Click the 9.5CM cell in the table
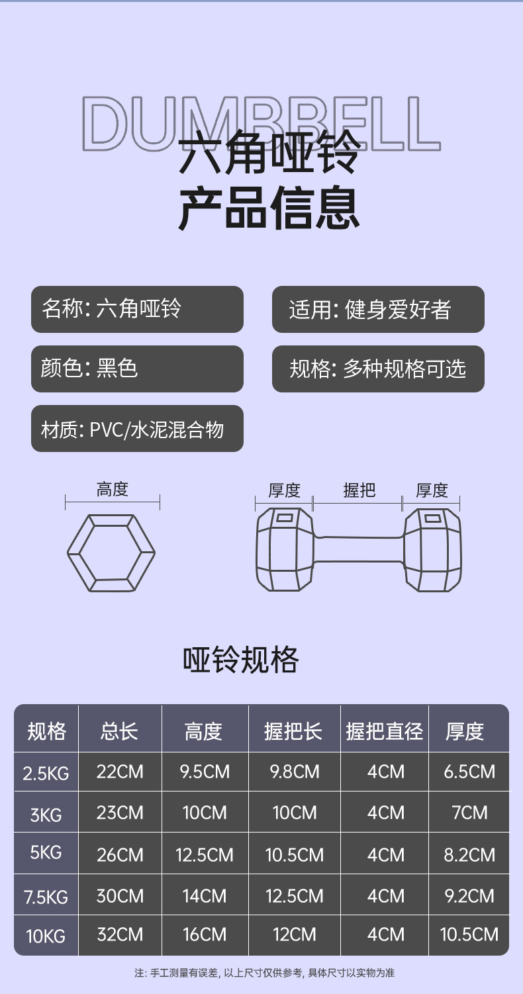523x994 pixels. point(205,772)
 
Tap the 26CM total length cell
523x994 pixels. point(120,854)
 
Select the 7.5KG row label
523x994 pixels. point(46,897)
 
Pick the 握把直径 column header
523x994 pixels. point(384,731)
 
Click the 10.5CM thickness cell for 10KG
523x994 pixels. point(469,934)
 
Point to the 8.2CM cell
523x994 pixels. point(469,854)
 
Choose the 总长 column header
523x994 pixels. point(120,731)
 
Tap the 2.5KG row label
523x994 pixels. point(46,772)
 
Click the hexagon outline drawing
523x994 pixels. point(111,553)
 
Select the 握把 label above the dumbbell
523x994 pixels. point(359,490)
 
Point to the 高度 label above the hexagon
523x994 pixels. point(112,490)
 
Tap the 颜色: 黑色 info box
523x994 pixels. point(137,369)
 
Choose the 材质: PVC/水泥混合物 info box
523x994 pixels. point(137,429)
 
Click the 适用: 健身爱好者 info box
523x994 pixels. point(378,309)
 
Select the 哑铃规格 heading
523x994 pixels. point(241,660)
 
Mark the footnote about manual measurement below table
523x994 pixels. point(264,973)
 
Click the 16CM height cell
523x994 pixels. point(205,934)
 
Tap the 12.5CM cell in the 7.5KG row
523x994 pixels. point(294,896)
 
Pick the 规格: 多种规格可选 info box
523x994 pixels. point(378,369)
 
